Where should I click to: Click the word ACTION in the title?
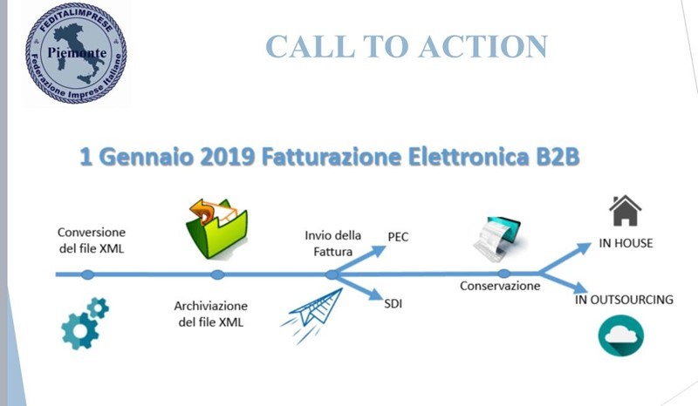(483, 46)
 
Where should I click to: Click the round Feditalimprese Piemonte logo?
(76, 53)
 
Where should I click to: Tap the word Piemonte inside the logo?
(77, 53)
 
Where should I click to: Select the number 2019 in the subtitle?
(228, 157)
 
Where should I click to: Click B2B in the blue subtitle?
(558, 157)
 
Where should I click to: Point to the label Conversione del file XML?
(92, 240)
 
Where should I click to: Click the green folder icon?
(216, 228)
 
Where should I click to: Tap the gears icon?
(85, 323)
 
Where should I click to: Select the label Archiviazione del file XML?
(210, 314)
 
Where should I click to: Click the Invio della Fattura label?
(333, 244)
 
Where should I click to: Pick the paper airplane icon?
(311, 315)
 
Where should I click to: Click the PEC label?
(398, 237)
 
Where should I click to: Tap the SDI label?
(393, 304)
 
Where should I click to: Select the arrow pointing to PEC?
(359, 261)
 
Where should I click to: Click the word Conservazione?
(500, 286)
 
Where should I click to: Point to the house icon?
(626, 210)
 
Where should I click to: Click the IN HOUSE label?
(626, 243)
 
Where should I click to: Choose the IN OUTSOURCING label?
(624, 300)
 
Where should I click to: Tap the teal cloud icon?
(621, 335)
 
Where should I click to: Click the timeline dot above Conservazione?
(503, 274)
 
